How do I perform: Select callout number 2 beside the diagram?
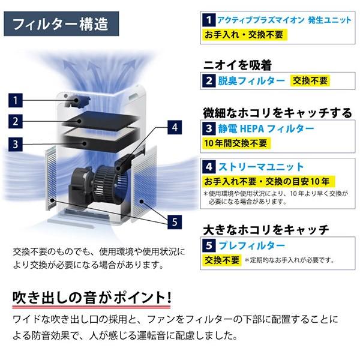[16, 121]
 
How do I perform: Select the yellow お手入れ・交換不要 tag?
[236, 35]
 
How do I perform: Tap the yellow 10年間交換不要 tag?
[237, 143]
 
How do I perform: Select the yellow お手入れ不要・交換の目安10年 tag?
[268, 182]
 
